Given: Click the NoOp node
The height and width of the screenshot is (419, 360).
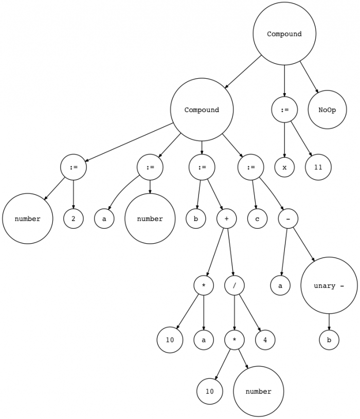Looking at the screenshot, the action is pos(327,110).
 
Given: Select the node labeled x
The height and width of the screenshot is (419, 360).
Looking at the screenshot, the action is pos(284,167).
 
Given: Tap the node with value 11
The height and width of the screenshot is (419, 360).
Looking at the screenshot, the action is pos(318,167).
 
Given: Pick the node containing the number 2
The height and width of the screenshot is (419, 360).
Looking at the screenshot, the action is pos(74,218).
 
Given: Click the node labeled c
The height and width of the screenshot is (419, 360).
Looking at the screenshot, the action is pos(257,218).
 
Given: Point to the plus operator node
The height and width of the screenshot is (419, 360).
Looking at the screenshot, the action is pos(226,218).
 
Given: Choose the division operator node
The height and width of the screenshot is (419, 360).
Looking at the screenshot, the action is pos(235,285).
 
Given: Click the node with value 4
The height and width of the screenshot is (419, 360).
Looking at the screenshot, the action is pos(265,340).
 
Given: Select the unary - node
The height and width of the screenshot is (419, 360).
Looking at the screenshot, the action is pos(329,285).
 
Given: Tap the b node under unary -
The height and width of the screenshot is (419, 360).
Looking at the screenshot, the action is pos(329,340).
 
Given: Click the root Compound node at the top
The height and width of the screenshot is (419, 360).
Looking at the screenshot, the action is pos(284,33).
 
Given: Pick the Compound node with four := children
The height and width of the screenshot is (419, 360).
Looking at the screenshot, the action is pos(202,110).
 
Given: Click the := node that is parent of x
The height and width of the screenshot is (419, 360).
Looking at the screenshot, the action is pos(284,110).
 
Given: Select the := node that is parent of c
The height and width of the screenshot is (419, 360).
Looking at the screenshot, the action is pos(250,167).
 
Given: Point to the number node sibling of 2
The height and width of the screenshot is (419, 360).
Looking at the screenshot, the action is pos(28,218).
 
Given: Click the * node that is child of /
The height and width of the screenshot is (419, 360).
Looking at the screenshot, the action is pos(235,340).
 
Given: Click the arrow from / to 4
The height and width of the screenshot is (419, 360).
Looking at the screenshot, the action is pos(250,313).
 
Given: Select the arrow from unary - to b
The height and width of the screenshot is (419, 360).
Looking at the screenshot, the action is pos(329,322).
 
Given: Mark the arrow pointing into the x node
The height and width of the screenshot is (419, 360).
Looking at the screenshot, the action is pos(284,140).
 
